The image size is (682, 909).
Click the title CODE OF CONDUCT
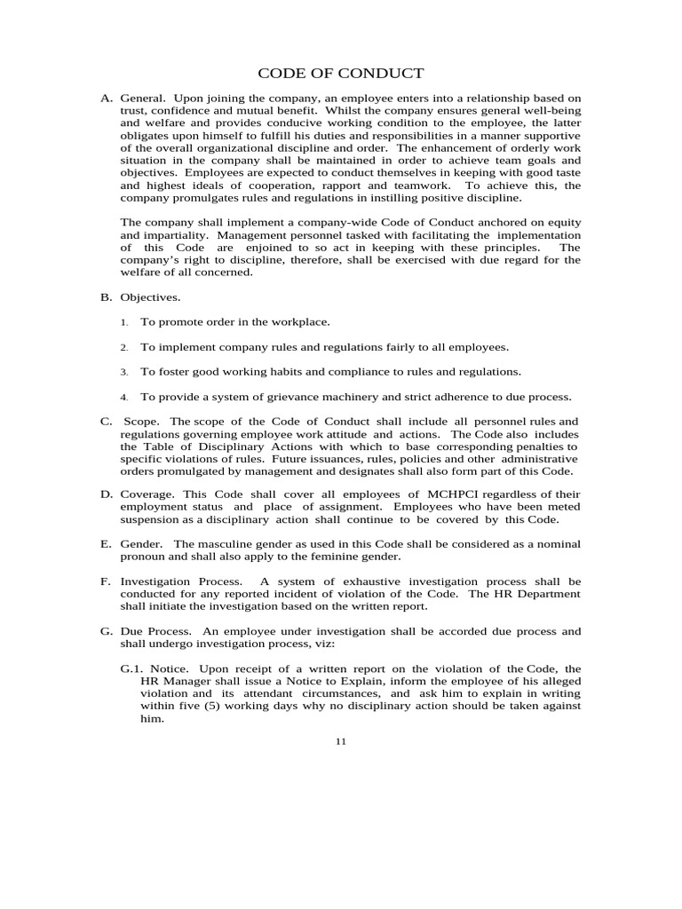(x=340, y=73)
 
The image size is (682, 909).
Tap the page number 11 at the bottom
(x=340, y=742)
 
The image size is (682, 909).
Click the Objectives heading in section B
(x=150, y=297)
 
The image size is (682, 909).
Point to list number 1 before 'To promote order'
(x=124, y=323)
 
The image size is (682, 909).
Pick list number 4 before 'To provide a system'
(x=124, y=398)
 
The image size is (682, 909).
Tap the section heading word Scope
(x=144, y=421)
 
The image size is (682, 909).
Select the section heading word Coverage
(x=149, y=494)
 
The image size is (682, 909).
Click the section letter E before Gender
(x=105, y=543)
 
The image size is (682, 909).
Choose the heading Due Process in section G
(x=155, y=631)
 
